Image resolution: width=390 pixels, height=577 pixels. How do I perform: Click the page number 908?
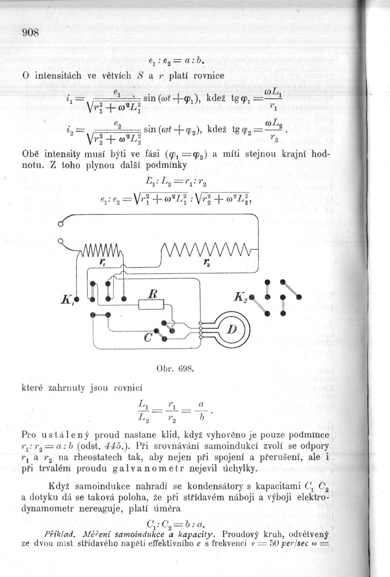point(31,32)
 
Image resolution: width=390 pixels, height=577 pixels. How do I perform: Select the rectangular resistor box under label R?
point(151,304)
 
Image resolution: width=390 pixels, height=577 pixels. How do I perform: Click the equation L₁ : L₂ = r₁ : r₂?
point(177,181)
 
